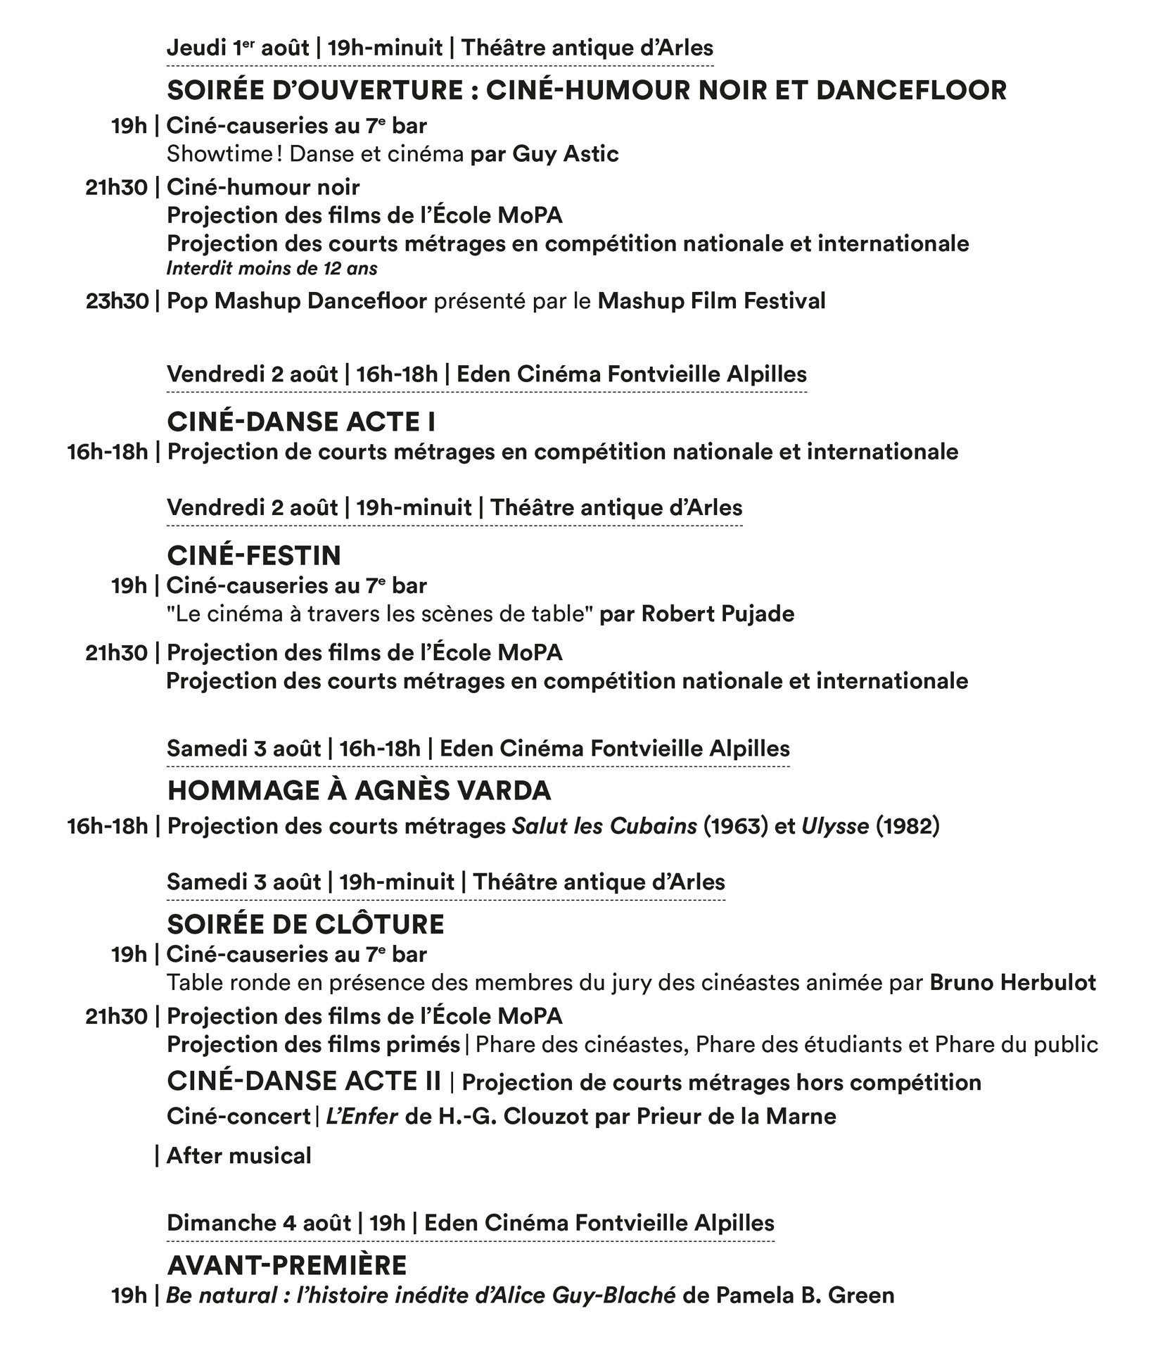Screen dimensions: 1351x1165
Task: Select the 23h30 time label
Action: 117,301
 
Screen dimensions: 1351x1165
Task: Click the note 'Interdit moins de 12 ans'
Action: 272,268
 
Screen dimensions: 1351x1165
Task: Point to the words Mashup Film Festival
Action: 711,301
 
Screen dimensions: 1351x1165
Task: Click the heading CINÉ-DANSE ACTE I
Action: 301,421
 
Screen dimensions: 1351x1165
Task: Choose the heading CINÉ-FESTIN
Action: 253,555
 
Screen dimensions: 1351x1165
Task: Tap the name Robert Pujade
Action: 718,614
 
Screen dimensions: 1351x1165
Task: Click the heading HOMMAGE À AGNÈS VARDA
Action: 359,790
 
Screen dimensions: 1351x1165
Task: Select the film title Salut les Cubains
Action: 604,825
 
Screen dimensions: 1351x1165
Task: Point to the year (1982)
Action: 908,825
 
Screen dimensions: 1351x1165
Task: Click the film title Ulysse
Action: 835,825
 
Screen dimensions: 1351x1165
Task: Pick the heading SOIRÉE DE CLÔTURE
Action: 305,924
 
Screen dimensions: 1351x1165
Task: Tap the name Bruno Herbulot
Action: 1012,982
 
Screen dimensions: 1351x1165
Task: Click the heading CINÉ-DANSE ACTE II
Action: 304,1081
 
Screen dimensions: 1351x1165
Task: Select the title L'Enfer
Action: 362,1116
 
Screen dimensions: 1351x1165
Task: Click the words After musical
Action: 238,1155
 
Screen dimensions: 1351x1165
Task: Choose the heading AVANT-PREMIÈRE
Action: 287,1265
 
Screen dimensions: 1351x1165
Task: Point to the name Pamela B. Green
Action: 805,1295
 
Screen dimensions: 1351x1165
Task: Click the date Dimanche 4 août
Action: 258,1222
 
